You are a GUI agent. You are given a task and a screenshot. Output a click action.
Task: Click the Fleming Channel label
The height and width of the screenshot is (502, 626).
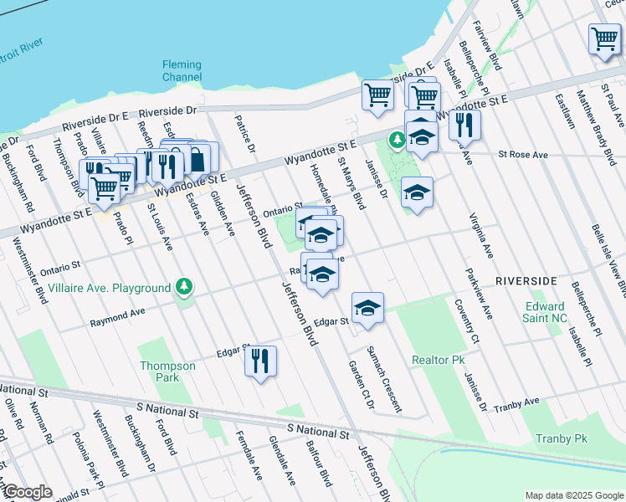pos(182,70)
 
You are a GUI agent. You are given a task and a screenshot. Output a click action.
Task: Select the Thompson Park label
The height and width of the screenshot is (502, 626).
pos(167,371)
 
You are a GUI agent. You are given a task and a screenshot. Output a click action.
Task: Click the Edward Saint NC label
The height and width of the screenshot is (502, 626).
pos(546,312)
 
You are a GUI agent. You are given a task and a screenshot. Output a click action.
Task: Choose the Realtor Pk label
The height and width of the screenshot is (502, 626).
pos(438,360)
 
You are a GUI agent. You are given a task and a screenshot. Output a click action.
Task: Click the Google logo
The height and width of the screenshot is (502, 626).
pos(27,492)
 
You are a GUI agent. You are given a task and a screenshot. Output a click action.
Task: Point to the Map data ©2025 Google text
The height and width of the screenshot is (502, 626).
pos(573,495)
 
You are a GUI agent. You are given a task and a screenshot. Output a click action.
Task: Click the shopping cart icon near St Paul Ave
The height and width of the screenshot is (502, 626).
pos(604,38)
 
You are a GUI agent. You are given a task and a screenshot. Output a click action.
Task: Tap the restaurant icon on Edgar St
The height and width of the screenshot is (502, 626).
pos(260,361)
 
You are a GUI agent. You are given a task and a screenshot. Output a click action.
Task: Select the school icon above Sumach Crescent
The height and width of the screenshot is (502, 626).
pos(367,308)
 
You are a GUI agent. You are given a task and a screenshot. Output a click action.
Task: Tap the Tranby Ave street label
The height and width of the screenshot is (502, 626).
pos(516,403)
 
